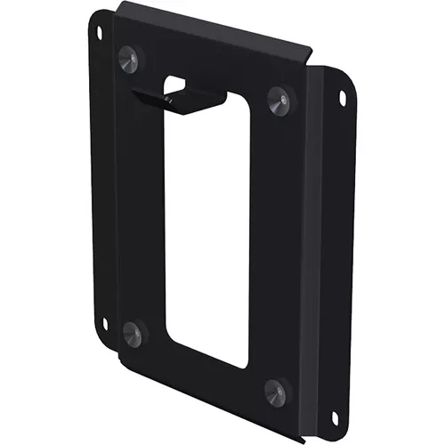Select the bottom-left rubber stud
(x=132, y=333)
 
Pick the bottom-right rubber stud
(x=277, y=390)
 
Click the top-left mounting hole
(x=99, y=33)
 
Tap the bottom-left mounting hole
(x=103, y=324)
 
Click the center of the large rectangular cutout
(x=206, y=227)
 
